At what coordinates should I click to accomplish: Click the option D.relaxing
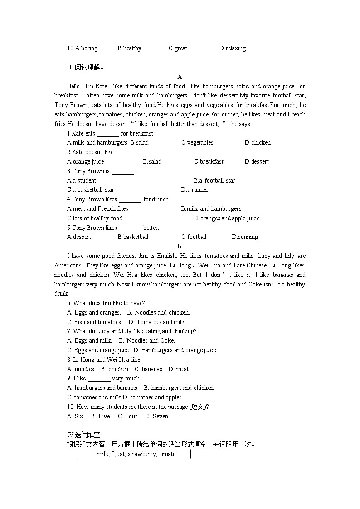(x=232, y=48)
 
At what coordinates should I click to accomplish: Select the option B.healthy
(x=129, y=48)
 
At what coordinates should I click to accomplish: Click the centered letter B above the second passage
(x=179, y=246)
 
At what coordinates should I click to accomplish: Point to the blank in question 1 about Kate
(x=108, y=134)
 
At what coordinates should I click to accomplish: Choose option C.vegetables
(x=197, y=143)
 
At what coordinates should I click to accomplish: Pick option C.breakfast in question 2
(x=209, y=162)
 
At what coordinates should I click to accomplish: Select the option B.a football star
(x=214, y=181)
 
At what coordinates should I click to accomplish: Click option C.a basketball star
(x=91, y=190)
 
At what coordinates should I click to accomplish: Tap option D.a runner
(x=195, y=190)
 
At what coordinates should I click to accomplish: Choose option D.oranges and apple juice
(x=227, y=218)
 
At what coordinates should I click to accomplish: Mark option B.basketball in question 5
(x=133, y=237)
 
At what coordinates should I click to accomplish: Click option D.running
(x=245, y=237)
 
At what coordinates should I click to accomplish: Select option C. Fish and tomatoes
(x=94, y=322)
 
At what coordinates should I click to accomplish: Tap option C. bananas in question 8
(x=148, y=369)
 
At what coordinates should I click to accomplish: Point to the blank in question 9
(x=99, y=378)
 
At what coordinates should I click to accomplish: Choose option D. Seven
(x=157, y=417)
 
